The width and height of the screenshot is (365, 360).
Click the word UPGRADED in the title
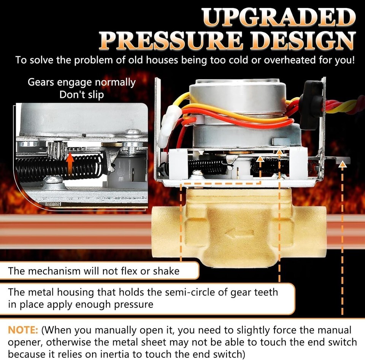coord(278,18)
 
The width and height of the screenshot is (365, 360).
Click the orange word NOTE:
coord(23,330)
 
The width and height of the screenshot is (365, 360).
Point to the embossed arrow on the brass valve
coord(239,234)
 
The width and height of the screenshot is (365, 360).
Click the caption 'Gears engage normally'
coord(82,82)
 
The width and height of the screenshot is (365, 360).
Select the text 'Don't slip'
coord(82,95)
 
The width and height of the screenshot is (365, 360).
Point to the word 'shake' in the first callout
coord(166,271)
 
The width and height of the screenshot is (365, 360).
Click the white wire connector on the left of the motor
coord(170,125)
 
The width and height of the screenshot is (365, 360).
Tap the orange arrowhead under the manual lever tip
coord(342,165)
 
